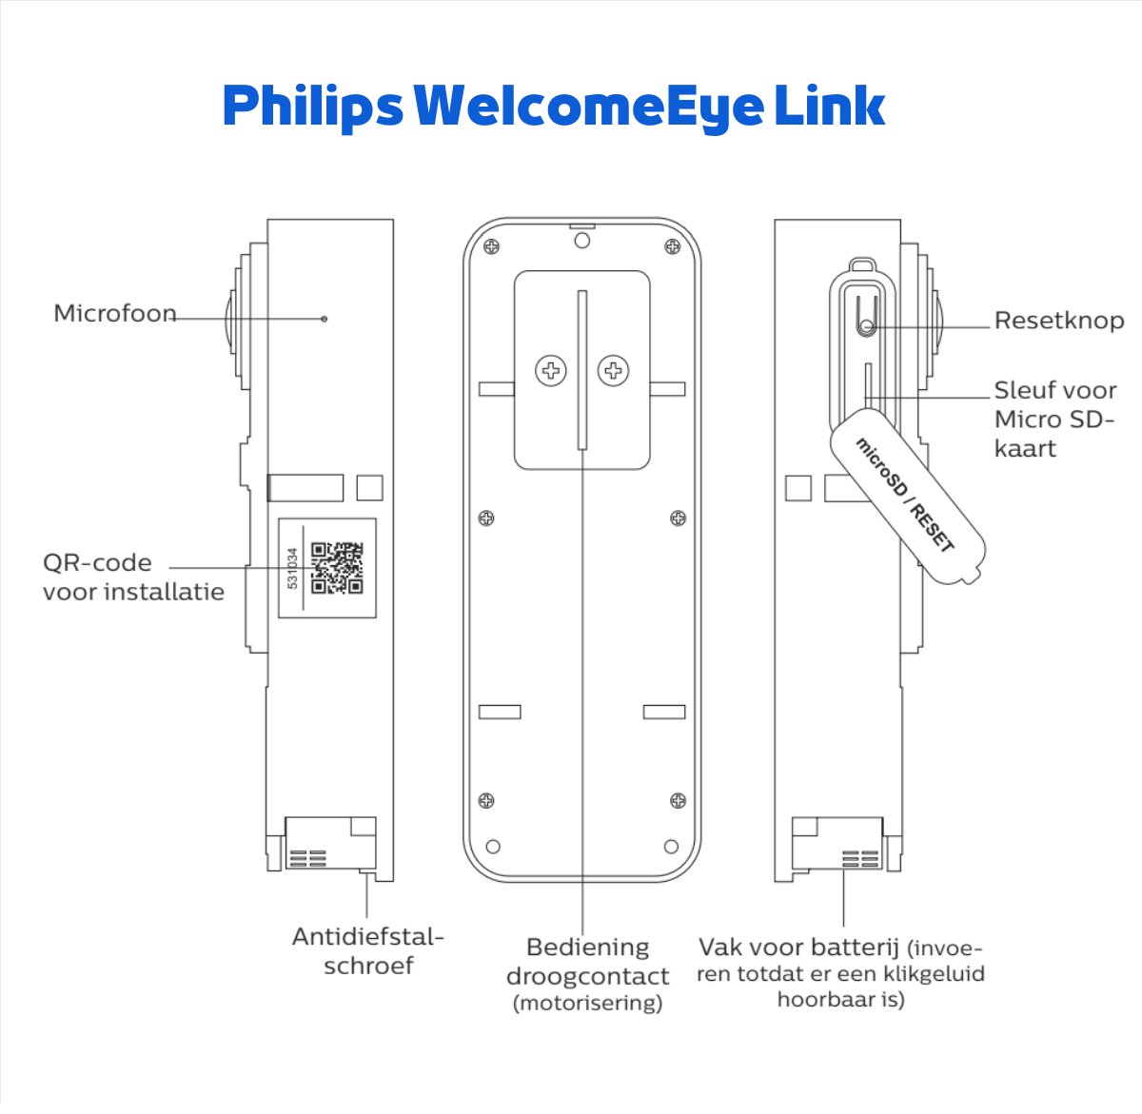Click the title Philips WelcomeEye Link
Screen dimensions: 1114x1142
click(554, 107)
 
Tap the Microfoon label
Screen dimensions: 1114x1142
click(115, 313)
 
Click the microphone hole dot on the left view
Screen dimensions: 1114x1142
click(325, 318)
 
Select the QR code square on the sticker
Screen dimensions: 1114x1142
click(337, 568)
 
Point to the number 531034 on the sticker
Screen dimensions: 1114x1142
click(292, 568)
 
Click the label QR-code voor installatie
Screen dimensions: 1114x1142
click(133, 577)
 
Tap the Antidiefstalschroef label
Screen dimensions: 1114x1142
click(368, 950)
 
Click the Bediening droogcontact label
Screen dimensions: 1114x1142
click(587, 962)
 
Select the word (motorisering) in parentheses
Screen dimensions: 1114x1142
click(587, 1003)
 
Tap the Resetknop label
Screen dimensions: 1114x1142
click(1058, 321)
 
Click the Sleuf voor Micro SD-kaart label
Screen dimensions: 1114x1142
click(1054, 419)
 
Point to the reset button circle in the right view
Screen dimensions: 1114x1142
click(866, 327)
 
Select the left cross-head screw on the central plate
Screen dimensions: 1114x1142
click(551, 370)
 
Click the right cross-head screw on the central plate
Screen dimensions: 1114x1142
click(614, 370)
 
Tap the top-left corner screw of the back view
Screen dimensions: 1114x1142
click(491, 246)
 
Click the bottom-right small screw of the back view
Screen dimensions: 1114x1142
click(678, 800)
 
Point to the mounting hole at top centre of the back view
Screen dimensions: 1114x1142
click(582, 240)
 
